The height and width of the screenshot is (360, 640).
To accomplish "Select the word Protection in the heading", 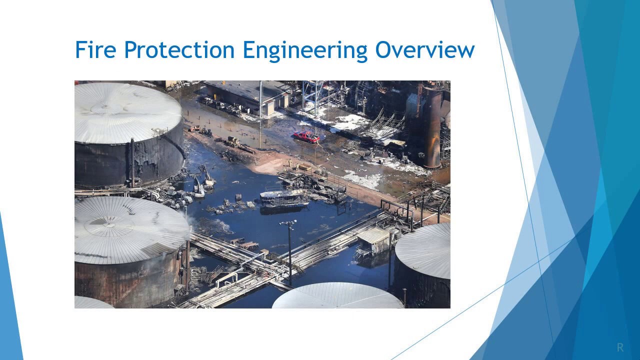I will (x=179, y=50).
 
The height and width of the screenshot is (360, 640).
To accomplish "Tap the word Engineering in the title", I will (x=305, y=50).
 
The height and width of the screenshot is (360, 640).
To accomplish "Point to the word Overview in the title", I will (x=425, y=50).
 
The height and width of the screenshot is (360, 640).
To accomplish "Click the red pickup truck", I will (x=306, y=136).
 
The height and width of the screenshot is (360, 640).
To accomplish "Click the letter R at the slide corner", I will (x=620, y=347).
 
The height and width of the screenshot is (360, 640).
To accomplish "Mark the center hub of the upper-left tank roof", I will (x=106, y=106).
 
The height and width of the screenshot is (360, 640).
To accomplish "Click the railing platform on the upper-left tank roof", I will (x=159, y=131).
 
